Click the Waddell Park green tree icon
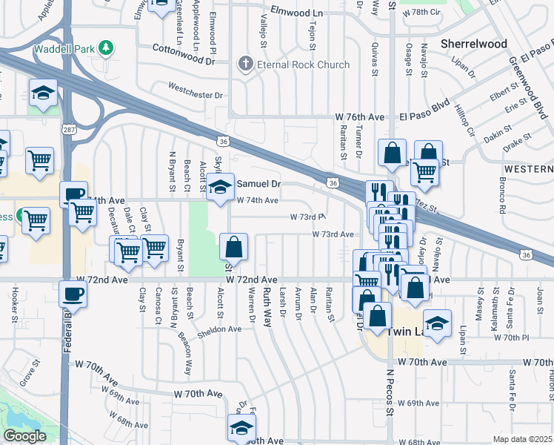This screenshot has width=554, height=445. pyautogui.click(x=107, y=49)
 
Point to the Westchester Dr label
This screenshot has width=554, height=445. pyautogui.click(x=196, y=95)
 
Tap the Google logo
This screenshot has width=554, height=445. pyautogui.click(x=24, y=436)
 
